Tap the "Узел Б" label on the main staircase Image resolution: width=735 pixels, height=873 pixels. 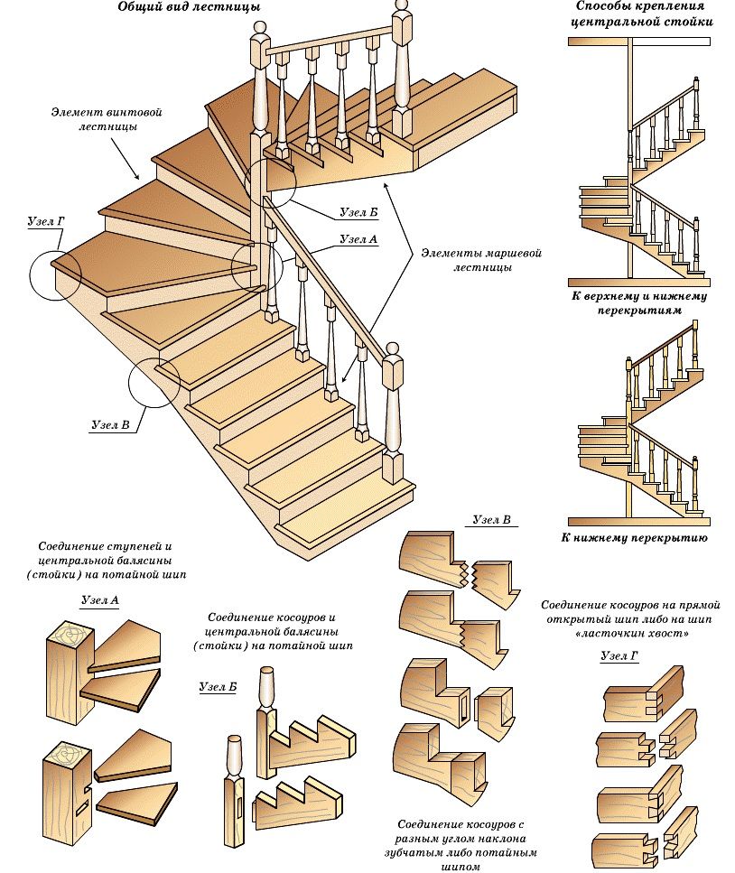click(358, 212)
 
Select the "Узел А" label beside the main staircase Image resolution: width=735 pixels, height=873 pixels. click(358, 239)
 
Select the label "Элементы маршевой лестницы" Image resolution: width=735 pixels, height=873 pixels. click(480, 260)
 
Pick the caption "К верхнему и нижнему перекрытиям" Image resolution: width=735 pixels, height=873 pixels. click(638, 302)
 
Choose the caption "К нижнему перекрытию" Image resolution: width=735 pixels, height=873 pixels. click(638, 538)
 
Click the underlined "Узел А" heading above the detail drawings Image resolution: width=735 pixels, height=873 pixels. click(100, 599)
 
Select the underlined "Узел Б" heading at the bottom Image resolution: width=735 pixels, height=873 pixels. click(218, 687)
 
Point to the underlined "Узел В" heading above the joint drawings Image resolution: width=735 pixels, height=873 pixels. click(492, 520)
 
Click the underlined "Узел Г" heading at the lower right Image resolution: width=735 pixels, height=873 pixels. click(619, 656)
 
